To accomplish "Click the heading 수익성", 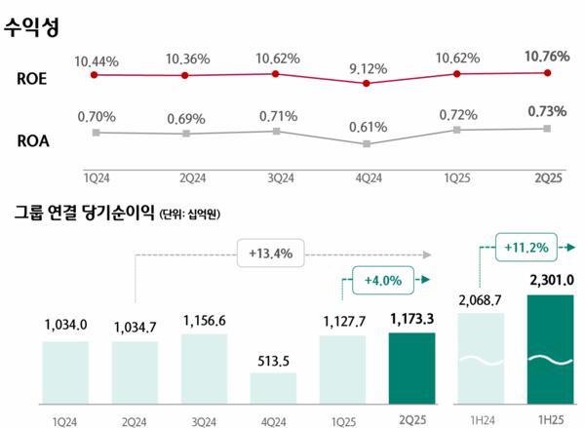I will coord(32,27).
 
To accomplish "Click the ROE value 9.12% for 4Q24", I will coord(366,69).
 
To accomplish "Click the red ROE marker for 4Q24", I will coord(366,84).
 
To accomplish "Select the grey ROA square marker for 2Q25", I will coord(548,129).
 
